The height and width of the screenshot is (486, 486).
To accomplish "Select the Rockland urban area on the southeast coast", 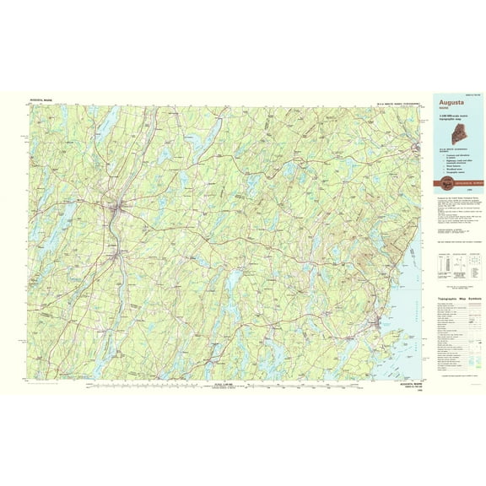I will point(377,324).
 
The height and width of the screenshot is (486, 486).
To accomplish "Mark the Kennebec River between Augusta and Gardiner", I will point(116,224).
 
